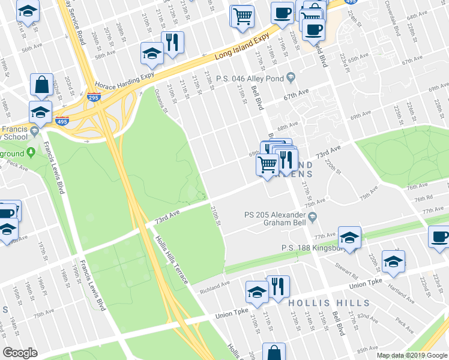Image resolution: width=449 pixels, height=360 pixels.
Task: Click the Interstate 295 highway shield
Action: pyautogui.click(x=94, y=97)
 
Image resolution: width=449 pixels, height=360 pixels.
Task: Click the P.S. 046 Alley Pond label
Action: pyautogui.click(x=255, y=79)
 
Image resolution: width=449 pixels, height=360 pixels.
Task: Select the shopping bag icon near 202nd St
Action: pyautogui.click(x=43, y=86)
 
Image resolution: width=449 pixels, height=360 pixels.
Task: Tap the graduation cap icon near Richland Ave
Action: pyautogui.click(x=257, y=292)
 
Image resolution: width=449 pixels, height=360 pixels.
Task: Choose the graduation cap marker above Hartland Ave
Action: pyautogui.click(x=393, y=262)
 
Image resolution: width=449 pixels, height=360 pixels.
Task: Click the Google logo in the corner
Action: pyautogui.click(x=20, y=353)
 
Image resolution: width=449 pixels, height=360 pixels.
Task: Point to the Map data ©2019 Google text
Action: pyautogui.click(x=411, y=355)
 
